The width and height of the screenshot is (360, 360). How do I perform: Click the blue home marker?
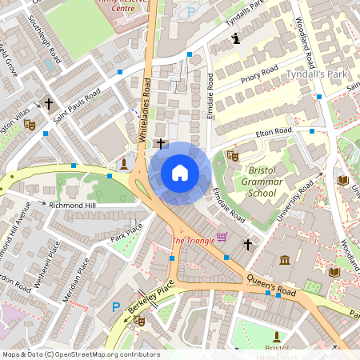179,173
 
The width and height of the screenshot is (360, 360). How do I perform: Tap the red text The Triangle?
192,240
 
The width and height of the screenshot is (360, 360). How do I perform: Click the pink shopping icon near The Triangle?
222,237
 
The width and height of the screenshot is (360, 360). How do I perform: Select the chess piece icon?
235,38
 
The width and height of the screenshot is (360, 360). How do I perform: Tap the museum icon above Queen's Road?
285,260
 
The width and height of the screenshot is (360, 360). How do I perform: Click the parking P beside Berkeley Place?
116,306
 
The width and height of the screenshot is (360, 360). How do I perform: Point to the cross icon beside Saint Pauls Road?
49,103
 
